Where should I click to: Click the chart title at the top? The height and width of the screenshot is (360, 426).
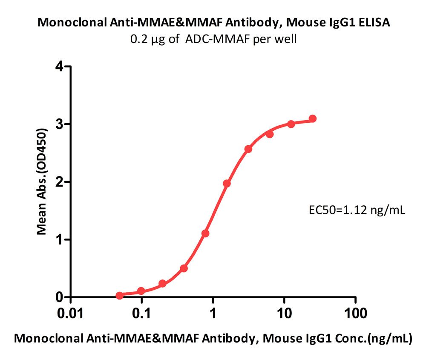pyautogui.click(x=213, y=23)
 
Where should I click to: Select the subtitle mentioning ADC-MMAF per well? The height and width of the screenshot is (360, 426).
pyautogui.click(x=213, y=39)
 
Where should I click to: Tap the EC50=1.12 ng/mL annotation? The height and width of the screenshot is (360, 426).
pyautogui.click(x=357, y=210)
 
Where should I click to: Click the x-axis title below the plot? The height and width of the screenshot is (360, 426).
pyautogui.click(x=213, y=339)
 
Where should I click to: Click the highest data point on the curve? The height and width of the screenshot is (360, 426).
pyautogui.click(x=312, y=118)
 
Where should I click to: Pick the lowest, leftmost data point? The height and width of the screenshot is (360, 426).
pyautogui.click(x=120, y=295)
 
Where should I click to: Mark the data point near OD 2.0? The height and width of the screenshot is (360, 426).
pyautogui.click(x=227, y=183)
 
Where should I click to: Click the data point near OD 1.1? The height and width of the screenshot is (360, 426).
pyautogui.click(x=205, y=233)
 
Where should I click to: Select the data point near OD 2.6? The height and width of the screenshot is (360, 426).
pyautogui.click(x=248, y=149)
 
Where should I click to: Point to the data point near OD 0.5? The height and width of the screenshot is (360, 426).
pyautogui.click(x=184, y=268)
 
